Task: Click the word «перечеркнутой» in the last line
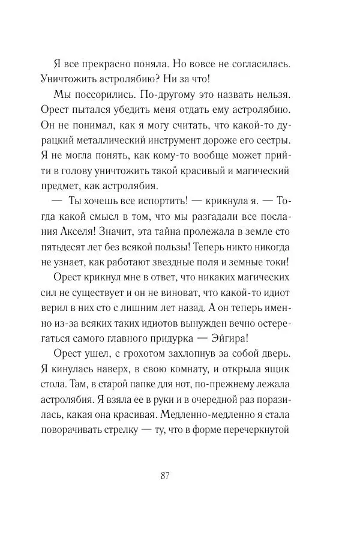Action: pyautogui.click(x=256, y=430)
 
